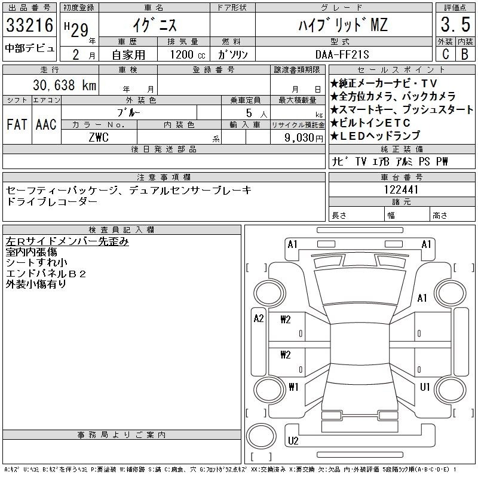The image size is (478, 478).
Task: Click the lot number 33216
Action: [x=29, y=25]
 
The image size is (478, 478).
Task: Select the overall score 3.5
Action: [x=455, y=24]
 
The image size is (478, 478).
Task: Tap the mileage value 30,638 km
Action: [x=65, y=85]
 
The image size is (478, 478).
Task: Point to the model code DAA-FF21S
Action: [x=342, y=54]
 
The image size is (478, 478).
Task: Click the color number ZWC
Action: [x=99, y=137]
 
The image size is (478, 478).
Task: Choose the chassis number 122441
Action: [x=401, y=189]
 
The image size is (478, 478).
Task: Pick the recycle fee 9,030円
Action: [x=304, y=138]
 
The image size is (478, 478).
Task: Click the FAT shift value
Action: [x=17, y=124]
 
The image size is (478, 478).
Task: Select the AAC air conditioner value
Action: [x=46, y=124]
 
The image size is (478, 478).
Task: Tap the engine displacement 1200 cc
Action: [x=188, y=54]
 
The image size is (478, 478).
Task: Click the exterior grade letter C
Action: [x=446, y=54]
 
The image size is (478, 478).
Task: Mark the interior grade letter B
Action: [x=465, y=54]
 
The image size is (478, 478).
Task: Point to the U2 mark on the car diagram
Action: [x=293, y=441]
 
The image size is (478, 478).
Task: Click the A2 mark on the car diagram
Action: [x=259, y=318]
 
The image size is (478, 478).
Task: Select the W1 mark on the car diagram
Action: [x=293, y=387]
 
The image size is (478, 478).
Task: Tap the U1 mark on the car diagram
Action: [x=425, y=387]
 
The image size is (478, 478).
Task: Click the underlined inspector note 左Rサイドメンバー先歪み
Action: [x=67, y=241]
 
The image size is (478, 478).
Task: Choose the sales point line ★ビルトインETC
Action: [x=370, y=123]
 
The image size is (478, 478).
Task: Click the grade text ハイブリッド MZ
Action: [x=343, y=25]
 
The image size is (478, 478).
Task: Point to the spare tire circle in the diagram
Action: [x=261, y=436]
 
